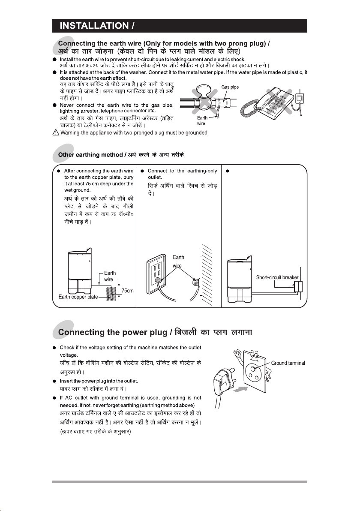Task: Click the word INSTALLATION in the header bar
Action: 94,26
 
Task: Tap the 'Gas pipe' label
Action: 230,87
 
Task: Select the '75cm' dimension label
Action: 127,290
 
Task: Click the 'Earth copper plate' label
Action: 78,297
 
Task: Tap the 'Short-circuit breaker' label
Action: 277,277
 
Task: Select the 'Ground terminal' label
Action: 288,363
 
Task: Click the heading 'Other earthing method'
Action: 90,155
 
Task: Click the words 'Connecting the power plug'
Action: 112,332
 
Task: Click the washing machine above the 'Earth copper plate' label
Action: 80,272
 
